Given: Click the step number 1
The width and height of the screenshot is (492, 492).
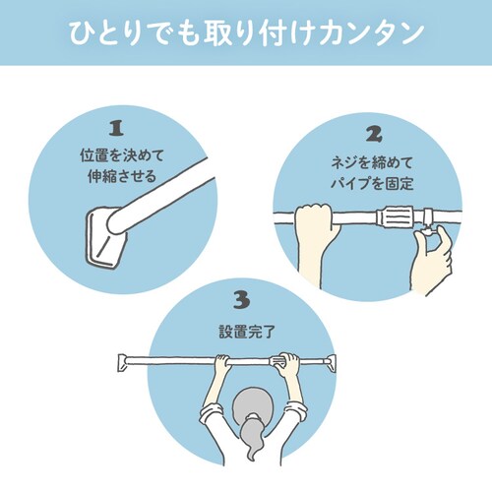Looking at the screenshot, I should tap(116, 129).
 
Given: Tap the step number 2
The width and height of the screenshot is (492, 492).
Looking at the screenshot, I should tap(373, 133).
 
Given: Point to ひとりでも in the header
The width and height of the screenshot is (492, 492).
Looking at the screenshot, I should tap(125, 31).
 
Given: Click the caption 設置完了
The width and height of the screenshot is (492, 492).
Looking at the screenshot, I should tap(245, 331).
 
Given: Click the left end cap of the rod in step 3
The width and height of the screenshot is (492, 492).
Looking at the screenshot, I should tap(126, 361).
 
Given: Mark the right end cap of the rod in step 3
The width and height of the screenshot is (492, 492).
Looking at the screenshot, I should tap(366, 361).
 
